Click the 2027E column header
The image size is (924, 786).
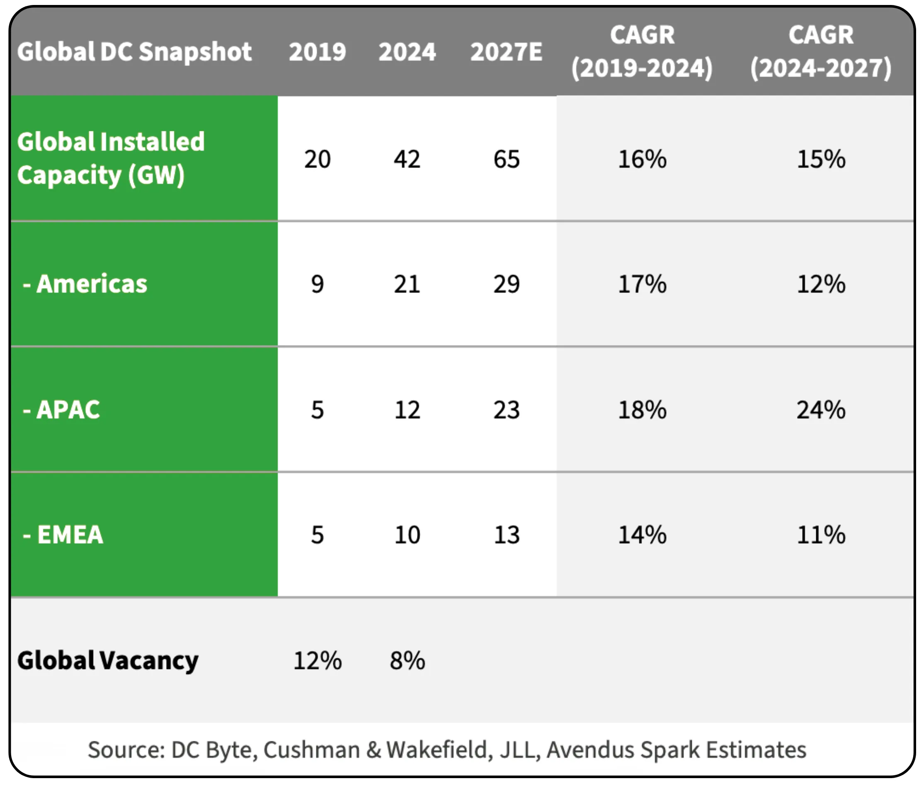[506, 52]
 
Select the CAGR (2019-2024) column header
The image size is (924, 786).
[642, 52]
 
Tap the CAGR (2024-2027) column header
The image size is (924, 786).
[821, 52]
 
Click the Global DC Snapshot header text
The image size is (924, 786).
[134, 52]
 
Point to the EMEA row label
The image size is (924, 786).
[63, 534]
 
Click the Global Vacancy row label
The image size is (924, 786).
[107, 660]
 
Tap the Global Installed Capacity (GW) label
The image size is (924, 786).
[111, 158]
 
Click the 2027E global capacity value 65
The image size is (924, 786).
[506, 159]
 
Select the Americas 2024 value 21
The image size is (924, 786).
[407, 284]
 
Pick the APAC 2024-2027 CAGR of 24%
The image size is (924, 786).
[821, 409]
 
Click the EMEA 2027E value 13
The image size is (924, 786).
[506, 534]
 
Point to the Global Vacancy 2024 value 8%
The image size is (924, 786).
[407, 660]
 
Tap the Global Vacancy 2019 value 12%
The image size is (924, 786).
[317, 660]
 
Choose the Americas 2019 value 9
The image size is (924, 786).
[317, 284]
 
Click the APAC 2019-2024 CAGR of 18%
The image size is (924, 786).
[642, 409]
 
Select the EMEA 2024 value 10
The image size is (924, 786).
[407, 534]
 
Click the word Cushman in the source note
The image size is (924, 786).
[311, 750]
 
